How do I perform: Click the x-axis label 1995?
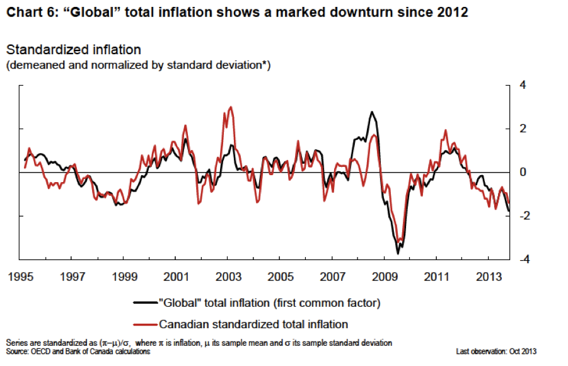click(21, 276)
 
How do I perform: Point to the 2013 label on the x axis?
click(489, 276)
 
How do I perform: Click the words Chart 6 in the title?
click(28, 12)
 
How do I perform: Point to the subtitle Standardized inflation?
click(73, 50)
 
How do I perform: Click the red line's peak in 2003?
click(231, 107)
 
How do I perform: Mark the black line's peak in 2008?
click(372, 112)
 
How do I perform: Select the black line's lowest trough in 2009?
click(398, 253)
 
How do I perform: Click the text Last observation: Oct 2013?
click(496, 352)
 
